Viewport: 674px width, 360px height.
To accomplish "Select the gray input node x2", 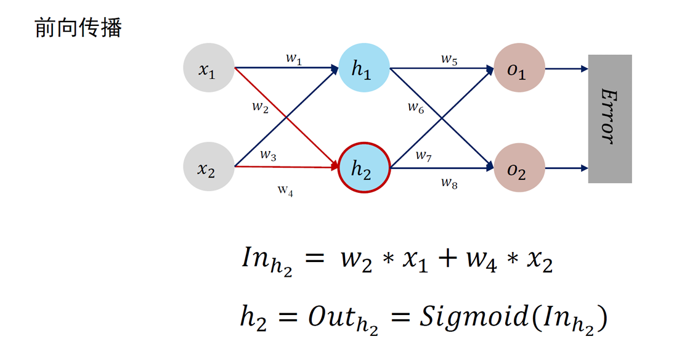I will tap(208, 167).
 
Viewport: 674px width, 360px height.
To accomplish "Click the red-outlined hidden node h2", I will tap(363, 167).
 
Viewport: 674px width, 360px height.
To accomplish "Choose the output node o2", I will tap(519, 168).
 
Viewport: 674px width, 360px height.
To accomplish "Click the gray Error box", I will tap(609, 118).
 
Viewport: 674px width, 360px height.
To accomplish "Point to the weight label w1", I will tap(294, 59).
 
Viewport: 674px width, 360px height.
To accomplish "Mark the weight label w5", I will tap(449, 59).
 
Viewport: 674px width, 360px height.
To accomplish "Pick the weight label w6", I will tap(416, 107).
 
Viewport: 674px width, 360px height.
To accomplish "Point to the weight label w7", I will tap(423, 155).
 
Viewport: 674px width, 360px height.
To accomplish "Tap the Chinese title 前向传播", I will tap(78, 28).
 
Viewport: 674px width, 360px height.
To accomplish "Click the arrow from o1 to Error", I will tap(566, 68).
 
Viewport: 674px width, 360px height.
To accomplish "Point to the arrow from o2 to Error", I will tap(566, 168).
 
